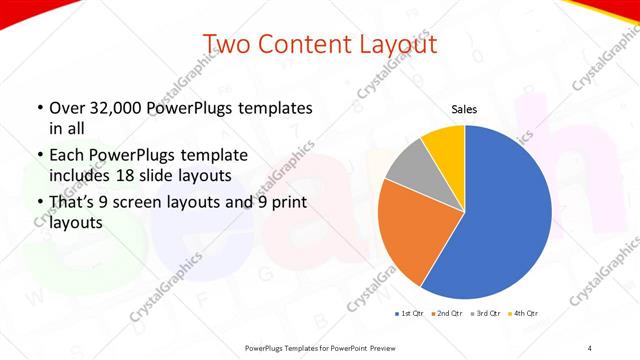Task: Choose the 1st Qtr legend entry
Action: point(409,313)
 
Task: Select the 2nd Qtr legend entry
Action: point(448,313)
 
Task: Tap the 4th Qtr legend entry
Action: point(524,313)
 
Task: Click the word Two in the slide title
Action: point(227,44)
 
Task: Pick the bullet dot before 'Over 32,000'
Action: point(39,108)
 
